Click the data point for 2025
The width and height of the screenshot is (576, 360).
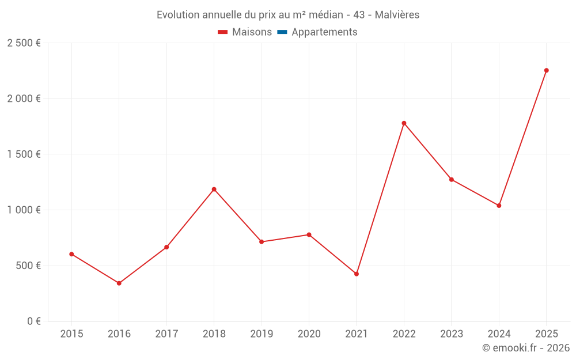click(x=547, y=70)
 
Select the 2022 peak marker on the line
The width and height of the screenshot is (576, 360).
click(x=404, y=123)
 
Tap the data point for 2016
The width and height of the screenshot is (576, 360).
click(x=119, y=283)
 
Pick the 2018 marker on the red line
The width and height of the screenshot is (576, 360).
click(x=214, y=189)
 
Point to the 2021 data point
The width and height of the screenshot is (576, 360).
click(x=357, y=274)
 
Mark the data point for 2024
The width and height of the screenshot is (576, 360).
click(x=499, y=205)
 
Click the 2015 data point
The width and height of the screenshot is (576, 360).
click(x=71, y=254)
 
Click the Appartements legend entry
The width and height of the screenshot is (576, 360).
click(x=324, y=32)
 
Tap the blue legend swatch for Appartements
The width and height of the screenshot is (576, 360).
click(x=282, y=32)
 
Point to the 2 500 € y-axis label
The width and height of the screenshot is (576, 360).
click(x=24, y=43)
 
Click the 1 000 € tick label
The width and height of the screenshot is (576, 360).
click(x=24, y=210)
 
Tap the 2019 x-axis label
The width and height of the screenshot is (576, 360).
click(x=262, y=334)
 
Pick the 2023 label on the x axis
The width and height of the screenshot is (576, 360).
click(x=452, y=334)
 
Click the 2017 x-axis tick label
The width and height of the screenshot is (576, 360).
click(x=166, y=334)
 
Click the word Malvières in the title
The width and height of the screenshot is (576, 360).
click(x=397, y=15)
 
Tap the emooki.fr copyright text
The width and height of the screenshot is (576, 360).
click(x=526, y=348)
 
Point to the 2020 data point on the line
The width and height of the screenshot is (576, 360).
click(x=309, y=234)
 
